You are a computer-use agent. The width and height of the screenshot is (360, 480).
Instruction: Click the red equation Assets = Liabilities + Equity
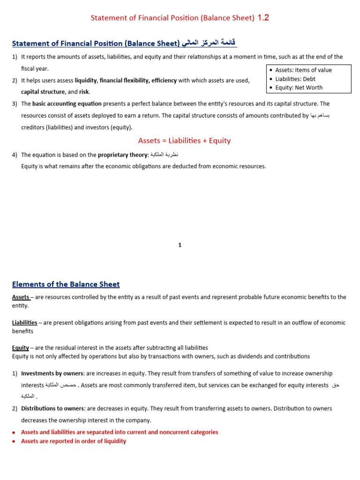point(184,141)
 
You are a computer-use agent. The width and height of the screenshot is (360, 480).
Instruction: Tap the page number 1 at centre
point(180,245)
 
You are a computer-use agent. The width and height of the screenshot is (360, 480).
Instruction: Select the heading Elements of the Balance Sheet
point(66,284)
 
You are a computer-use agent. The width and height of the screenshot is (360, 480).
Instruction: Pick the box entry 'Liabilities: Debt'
point(295,79)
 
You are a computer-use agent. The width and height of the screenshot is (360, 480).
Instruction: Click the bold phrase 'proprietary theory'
point(123,155)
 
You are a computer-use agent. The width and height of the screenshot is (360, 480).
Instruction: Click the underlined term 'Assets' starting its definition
point(21,297)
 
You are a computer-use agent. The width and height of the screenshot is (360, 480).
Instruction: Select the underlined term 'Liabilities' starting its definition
point(24,322)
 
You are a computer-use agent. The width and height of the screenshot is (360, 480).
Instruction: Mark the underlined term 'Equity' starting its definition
point(20,348)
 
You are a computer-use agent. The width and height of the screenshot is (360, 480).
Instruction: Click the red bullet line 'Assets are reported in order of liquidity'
point(74,441)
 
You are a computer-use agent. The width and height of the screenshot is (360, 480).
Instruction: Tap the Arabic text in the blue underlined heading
point(209,44)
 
